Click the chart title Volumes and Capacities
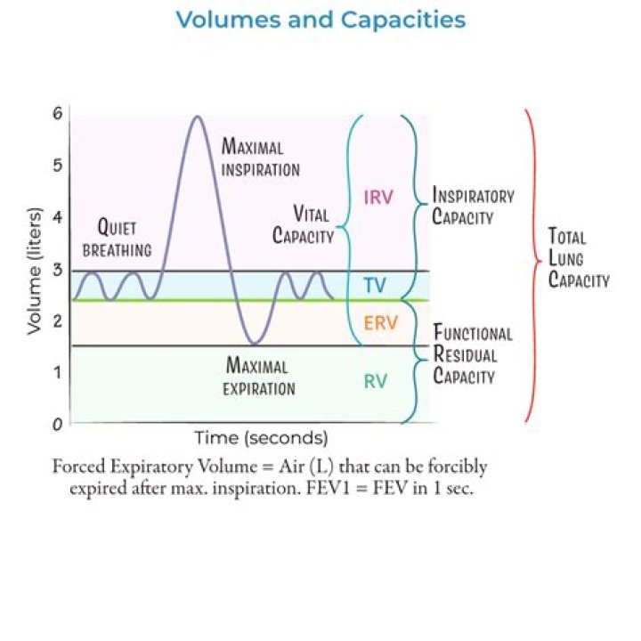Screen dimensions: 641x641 tap(320, 20)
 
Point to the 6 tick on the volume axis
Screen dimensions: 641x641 tap(58, 113)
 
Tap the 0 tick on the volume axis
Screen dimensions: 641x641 tap(58, 425)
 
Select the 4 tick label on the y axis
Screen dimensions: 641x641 tap(58, 217)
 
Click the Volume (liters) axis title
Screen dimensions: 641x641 tap(35, 272)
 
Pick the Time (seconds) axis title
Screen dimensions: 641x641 tap(261, 438)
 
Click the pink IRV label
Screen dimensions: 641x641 tap(378, 198)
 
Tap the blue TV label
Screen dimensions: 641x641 tap(376, 285)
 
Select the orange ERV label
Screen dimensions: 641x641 tap(381, 323)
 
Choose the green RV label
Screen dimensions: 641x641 tap(376, 381)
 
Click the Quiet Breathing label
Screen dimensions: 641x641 tap(117, 238)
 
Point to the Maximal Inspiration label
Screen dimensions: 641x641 tap(260, 158)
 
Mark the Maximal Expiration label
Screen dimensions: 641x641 tap(259, 376)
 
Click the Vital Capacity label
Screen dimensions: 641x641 tap(304, 225)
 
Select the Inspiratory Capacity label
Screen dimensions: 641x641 tap(473, 206)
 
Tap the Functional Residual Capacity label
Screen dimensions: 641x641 tap(473, 354)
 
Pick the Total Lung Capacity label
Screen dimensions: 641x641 tap(579, 258)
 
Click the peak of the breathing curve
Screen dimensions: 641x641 tap(198, 117)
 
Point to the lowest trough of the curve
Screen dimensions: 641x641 tap(255, 345)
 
